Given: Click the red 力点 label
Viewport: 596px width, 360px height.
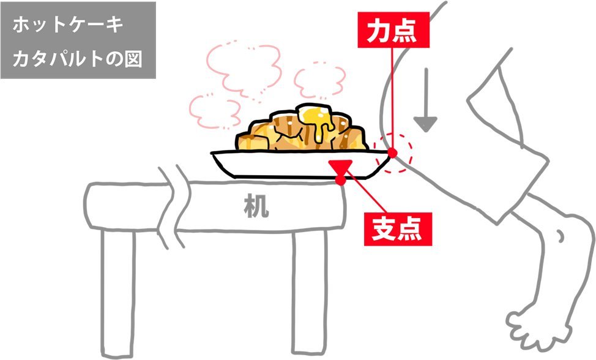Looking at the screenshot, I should click(391, 31).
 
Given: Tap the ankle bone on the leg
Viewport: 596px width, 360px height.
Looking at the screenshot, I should click(559, 235).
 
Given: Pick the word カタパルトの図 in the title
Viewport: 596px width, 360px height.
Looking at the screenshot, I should click(78, 61).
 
